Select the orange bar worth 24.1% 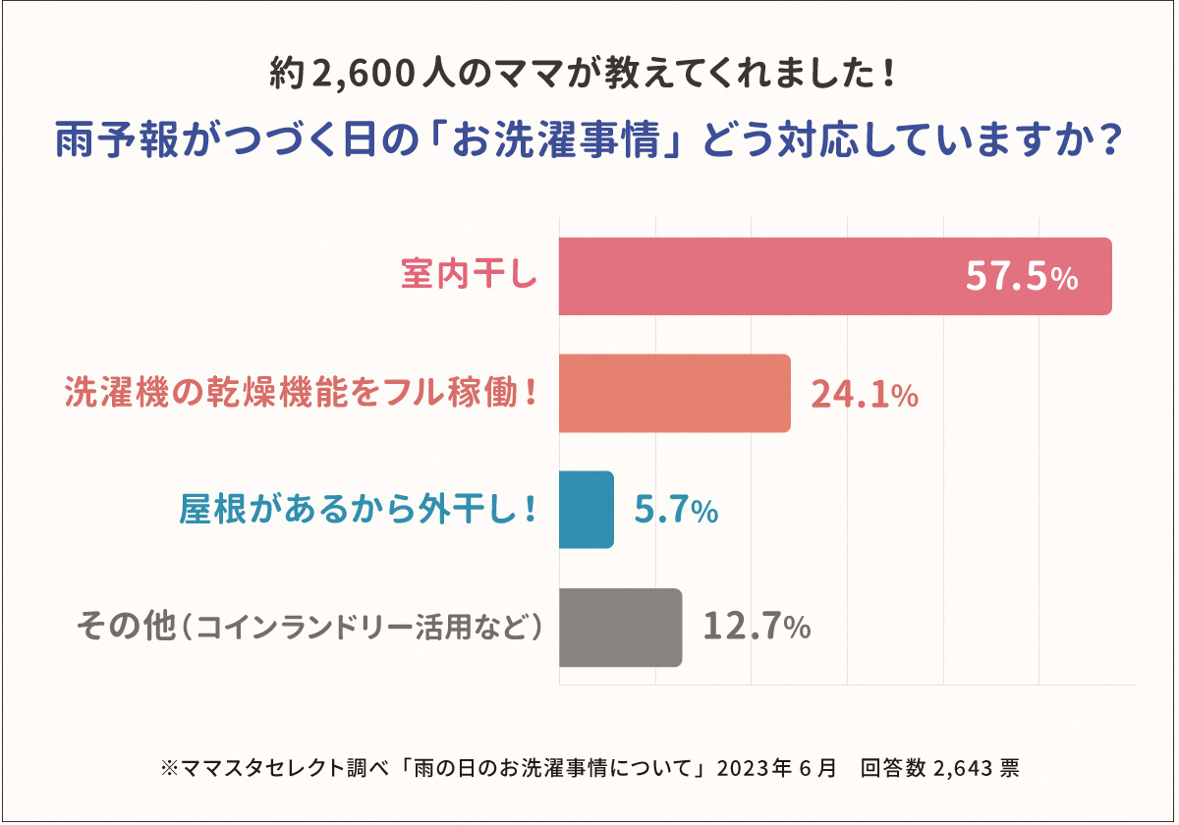tap(674, 393)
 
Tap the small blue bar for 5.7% tap(586, 510)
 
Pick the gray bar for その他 tap(620, 628)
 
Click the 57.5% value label tap(1022, 278)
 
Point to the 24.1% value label tap(865, 394)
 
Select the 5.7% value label tap(676, 511)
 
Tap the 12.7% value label tap(757, 628)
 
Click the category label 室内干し tap(470, 276)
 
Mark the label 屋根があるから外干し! tap(359, 510)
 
